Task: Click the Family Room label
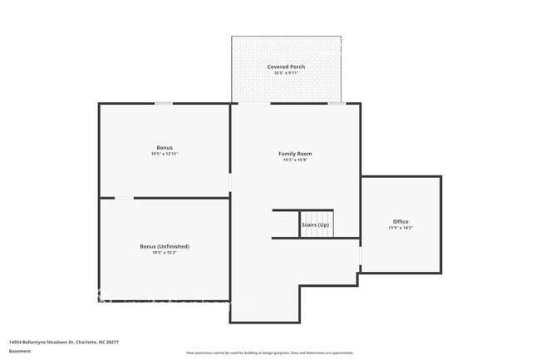click(295, 154)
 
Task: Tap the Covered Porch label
click(286, 67)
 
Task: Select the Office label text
click(400, 221)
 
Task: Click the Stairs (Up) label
click(316, 225)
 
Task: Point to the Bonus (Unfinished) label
click(164, 246)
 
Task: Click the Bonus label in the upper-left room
click(164, 147)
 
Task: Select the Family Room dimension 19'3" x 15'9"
click(295, 160)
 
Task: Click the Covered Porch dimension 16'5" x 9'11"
click(286, 73)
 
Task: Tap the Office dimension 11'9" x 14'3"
click(400, 228)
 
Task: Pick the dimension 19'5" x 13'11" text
click(164, 154)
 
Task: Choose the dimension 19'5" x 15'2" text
click(164, 253)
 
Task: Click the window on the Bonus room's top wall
click(164, 103)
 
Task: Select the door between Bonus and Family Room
click(230, 182)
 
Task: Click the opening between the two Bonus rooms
click(124, 198)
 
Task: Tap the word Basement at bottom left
click(20, 351)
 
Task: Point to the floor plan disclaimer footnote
click(269, 353)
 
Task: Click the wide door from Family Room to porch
click(254, 103)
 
